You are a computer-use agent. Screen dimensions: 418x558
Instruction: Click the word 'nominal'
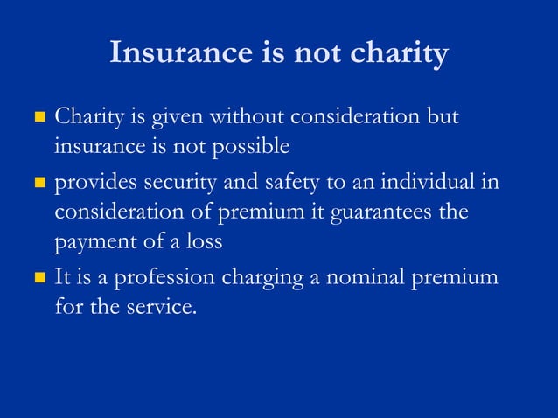click(x=366, y=278)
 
